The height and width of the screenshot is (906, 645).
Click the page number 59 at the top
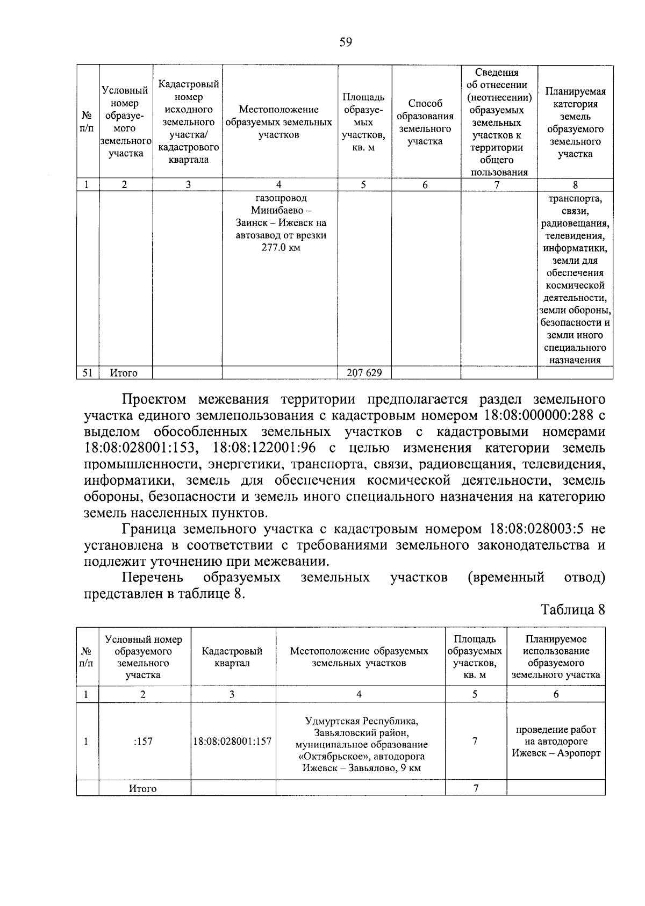coord(346,42)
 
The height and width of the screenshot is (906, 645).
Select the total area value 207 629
coord(364,372)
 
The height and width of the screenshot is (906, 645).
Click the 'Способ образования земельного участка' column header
coord(425,122)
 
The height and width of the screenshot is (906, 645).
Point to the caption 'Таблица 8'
coord(573,610)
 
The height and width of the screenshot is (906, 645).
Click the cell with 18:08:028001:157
coord(232,742)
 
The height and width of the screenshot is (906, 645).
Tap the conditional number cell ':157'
coord(143,742)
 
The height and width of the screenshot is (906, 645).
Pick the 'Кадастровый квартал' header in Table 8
coord(232,657)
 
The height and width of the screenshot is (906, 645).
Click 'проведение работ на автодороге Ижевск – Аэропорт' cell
coord(556,742)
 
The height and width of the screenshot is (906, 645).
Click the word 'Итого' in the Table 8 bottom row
coord(143,788)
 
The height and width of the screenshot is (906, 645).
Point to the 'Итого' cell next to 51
coord(124,372)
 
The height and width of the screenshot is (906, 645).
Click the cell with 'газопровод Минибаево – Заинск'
coord(281,223)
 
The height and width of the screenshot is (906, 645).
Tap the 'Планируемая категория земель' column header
coord(575,122)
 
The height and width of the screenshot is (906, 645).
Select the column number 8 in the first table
coord(575,185)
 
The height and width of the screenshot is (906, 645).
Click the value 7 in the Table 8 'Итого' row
coord(475,788)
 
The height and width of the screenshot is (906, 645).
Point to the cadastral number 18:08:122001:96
coord(264,448)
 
